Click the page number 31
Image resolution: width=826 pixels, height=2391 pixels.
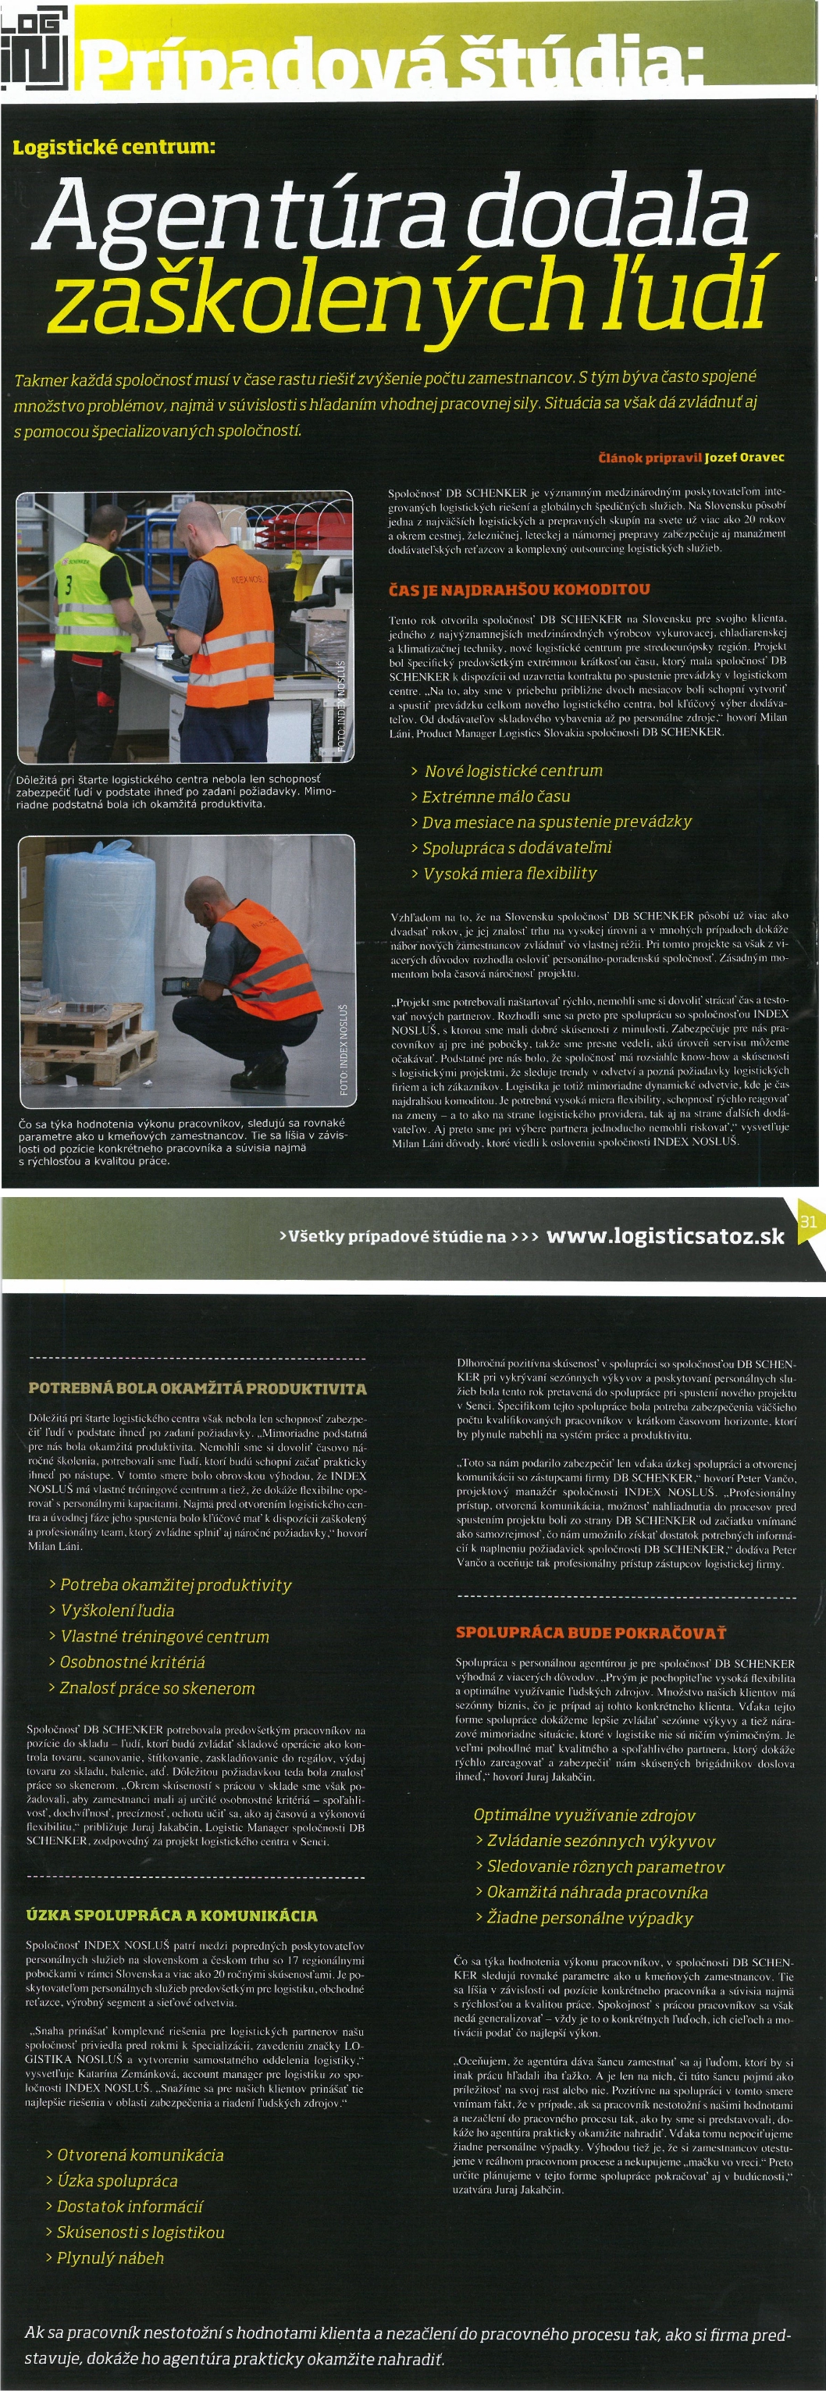coord(807,1220)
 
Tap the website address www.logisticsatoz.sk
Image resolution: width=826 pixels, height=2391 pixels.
coord(664,1236)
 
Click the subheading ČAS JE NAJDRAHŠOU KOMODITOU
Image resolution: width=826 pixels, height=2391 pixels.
coord(519,590)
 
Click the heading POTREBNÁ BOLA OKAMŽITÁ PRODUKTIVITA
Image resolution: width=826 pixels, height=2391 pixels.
coord(198,1388)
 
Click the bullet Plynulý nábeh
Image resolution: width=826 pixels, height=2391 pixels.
coord(109,2257)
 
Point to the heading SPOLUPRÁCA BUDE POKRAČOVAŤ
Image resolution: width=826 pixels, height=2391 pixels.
coord(590,1633)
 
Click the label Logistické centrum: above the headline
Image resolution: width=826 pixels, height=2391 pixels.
coord(113,148)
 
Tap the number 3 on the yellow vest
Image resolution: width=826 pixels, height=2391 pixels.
coord(67,584)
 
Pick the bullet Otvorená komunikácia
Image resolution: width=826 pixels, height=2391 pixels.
coord(139,2154)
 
